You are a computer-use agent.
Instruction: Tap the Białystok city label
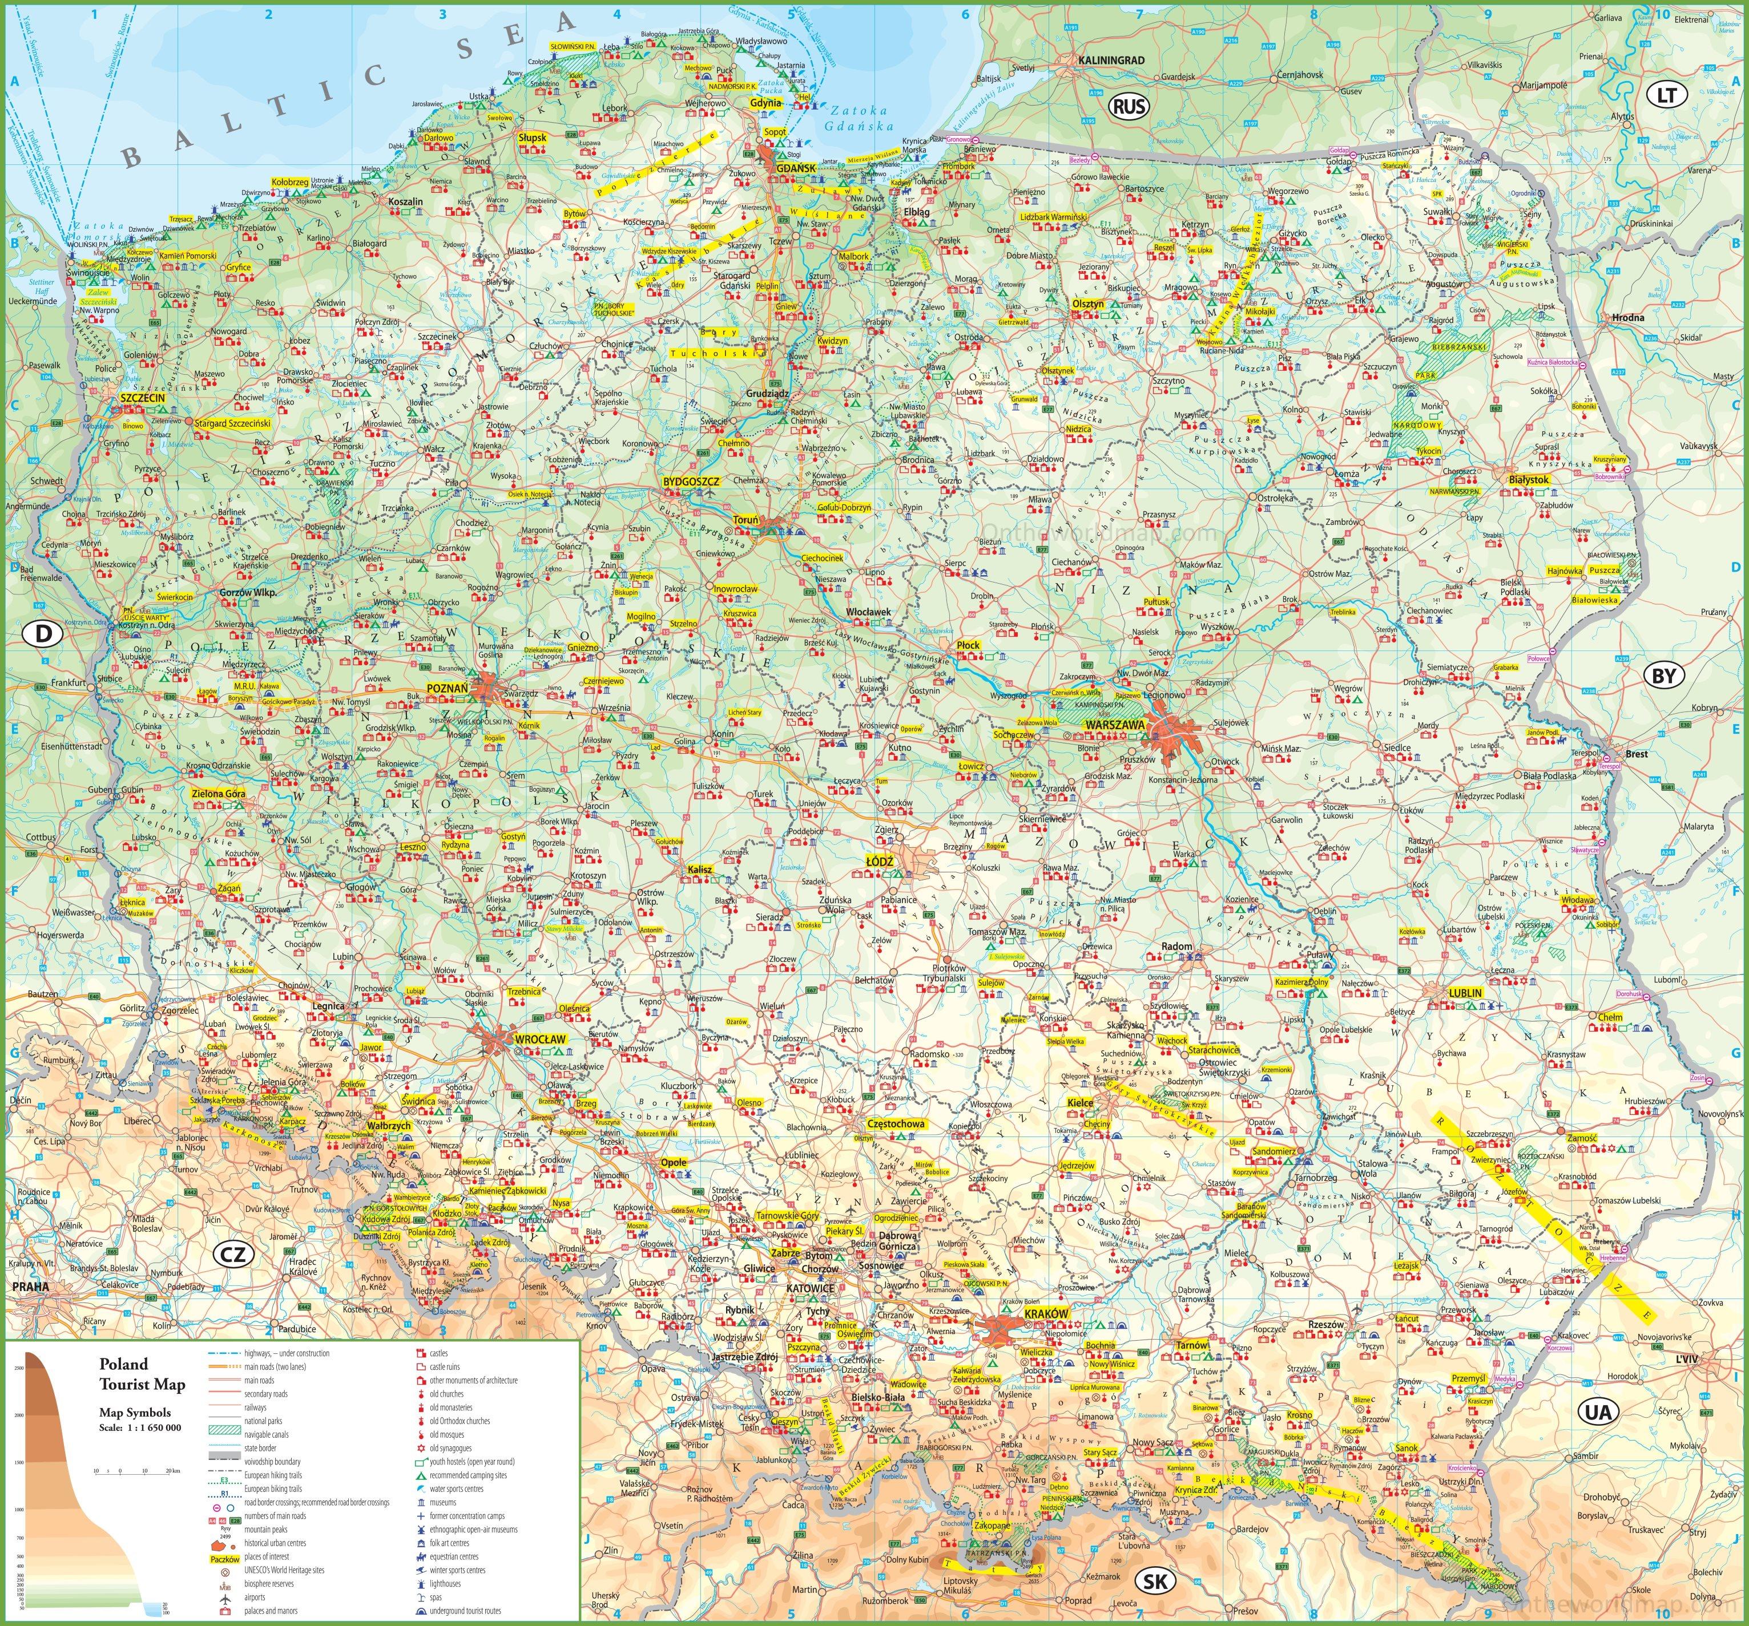(1528, 480)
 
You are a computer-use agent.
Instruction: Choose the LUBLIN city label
(1465, 993)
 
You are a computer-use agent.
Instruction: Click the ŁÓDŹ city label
(879, 862)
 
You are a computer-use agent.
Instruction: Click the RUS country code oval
(1129, 107)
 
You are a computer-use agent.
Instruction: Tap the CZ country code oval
(233, 1254)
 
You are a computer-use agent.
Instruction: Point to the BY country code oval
(1663, 676)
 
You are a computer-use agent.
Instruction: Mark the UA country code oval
(1598, 1412)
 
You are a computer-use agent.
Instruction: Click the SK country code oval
(1155, 1581)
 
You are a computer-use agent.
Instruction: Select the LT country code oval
(1666, 95)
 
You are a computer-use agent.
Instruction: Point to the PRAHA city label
(31, 1287)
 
